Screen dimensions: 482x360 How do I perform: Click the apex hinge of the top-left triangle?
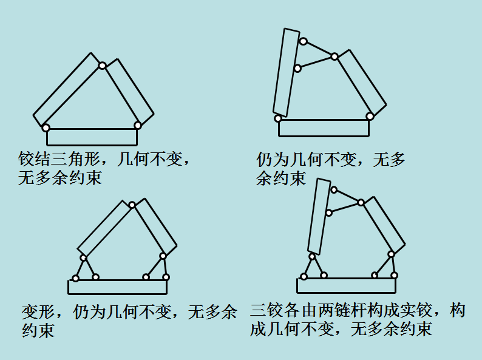tap(103, 65)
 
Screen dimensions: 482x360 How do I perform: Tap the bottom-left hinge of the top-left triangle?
tap(46, 127)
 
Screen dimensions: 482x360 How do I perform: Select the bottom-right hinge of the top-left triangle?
tap(138, 125)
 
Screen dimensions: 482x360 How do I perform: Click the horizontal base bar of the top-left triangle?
tap(92, 137)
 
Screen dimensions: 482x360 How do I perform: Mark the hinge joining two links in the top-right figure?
tap(334, 56)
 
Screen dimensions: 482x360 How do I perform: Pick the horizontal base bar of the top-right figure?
tap(324, 128)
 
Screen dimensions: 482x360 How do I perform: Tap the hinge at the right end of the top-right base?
tap(370, 116)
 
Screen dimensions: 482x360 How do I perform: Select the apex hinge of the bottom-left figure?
tap(132, 205)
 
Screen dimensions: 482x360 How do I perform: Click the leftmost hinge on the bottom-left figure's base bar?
tap(75, 279)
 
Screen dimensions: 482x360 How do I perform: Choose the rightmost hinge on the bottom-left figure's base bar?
tap(166, 277)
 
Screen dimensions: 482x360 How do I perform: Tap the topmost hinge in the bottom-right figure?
tap(333, 189)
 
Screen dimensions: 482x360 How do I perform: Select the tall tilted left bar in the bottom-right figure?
tap(319, 216)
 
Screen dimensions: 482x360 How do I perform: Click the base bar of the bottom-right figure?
tap(345, 285)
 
